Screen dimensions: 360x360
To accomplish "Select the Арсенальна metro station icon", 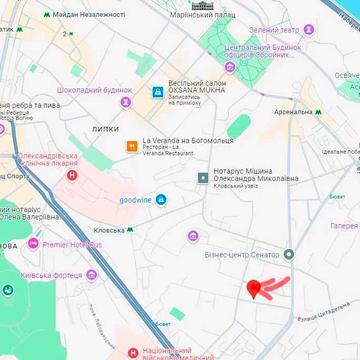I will point(320,112).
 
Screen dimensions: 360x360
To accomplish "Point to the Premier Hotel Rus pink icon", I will point(33,243).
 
